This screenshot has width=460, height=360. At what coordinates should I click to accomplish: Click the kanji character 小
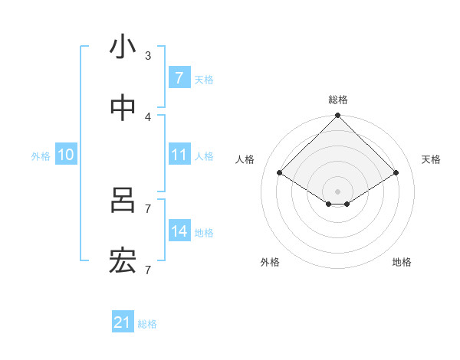pos(123,47)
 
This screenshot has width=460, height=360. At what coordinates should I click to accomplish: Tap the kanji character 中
pos(123,110)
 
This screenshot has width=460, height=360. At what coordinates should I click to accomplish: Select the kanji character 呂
pos(123,201)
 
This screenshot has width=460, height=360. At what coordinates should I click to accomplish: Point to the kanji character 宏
pos(123,263)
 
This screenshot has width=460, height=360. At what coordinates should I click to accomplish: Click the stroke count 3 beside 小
pos(148,55)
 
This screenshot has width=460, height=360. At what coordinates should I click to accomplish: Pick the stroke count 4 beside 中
pos(148,116)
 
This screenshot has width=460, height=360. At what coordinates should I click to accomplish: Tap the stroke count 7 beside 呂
pos(148,208)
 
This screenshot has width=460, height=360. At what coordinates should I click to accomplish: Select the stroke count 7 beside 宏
pos(148,270)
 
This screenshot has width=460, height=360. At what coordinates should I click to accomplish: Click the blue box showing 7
pos(179,77)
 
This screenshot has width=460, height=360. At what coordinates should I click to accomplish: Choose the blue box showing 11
pos(179,155)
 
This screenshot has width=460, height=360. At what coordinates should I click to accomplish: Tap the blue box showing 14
pos(179,231)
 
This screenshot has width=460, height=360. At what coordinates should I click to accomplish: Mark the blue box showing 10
pos(66,155)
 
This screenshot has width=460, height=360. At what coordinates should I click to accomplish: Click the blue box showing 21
pos(123,322)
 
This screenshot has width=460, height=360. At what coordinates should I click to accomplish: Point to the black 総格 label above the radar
pos(338,100)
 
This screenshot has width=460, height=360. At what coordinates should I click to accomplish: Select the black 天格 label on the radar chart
pos(432,159)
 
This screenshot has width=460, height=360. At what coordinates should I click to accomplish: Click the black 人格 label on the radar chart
pos(245,159)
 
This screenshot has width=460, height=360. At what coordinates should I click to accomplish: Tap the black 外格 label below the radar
pos(270,262)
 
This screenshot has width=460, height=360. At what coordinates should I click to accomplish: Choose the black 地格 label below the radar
pos(402,262)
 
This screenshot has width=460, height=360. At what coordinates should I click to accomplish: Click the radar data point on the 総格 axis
pos(338,116)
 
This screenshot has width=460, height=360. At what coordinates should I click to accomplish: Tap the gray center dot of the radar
pos(338,191)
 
